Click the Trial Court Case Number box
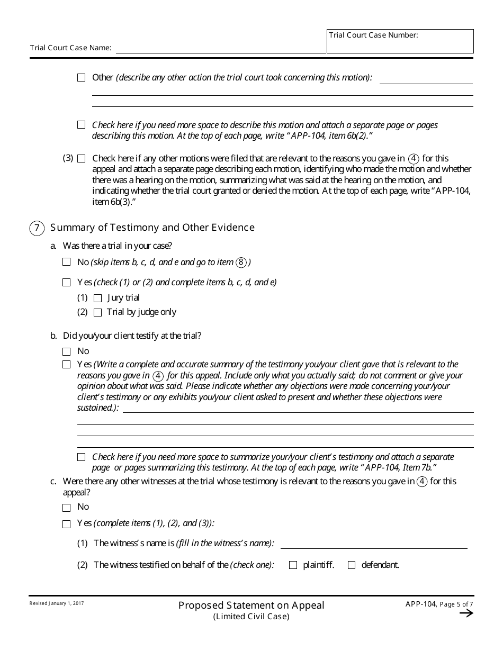[x=400, y=41]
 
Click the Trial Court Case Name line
[x=221, y=48]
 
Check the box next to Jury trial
[x=97, y=299]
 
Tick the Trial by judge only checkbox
[x=97, y=313]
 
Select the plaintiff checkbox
[x=293, y=565]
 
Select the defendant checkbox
[x=352, y=565]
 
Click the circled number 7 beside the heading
[x=37, y=228]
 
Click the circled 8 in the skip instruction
[x=241, y=263]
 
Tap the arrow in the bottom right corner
[x=466, y=613]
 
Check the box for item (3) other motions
[x=82, y=158]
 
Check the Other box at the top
[x=82, y=78]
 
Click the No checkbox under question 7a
[x=67, y=262]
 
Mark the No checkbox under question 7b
[x=67, y=351]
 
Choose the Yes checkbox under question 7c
[x=67, y=524]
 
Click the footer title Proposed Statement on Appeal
[x=251, y=605]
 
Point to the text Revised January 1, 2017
[x=57, y=603]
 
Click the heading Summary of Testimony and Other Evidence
[x=152, y=228]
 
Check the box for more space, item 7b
[x=82, y=457]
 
